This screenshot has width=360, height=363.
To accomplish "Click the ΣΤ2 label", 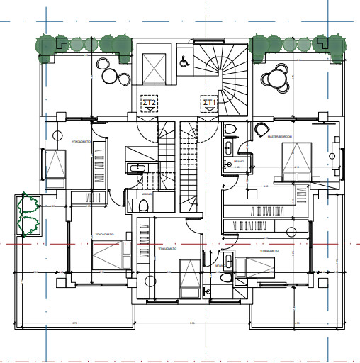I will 150,103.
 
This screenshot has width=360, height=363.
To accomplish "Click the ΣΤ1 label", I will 210,103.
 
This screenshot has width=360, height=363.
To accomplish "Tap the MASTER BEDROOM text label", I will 281,137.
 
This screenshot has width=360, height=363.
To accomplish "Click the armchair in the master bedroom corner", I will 261,130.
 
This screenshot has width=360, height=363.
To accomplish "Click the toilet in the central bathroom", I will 144,206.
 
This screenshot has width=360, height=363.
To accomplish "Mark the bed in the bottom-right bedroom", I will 254,268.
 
